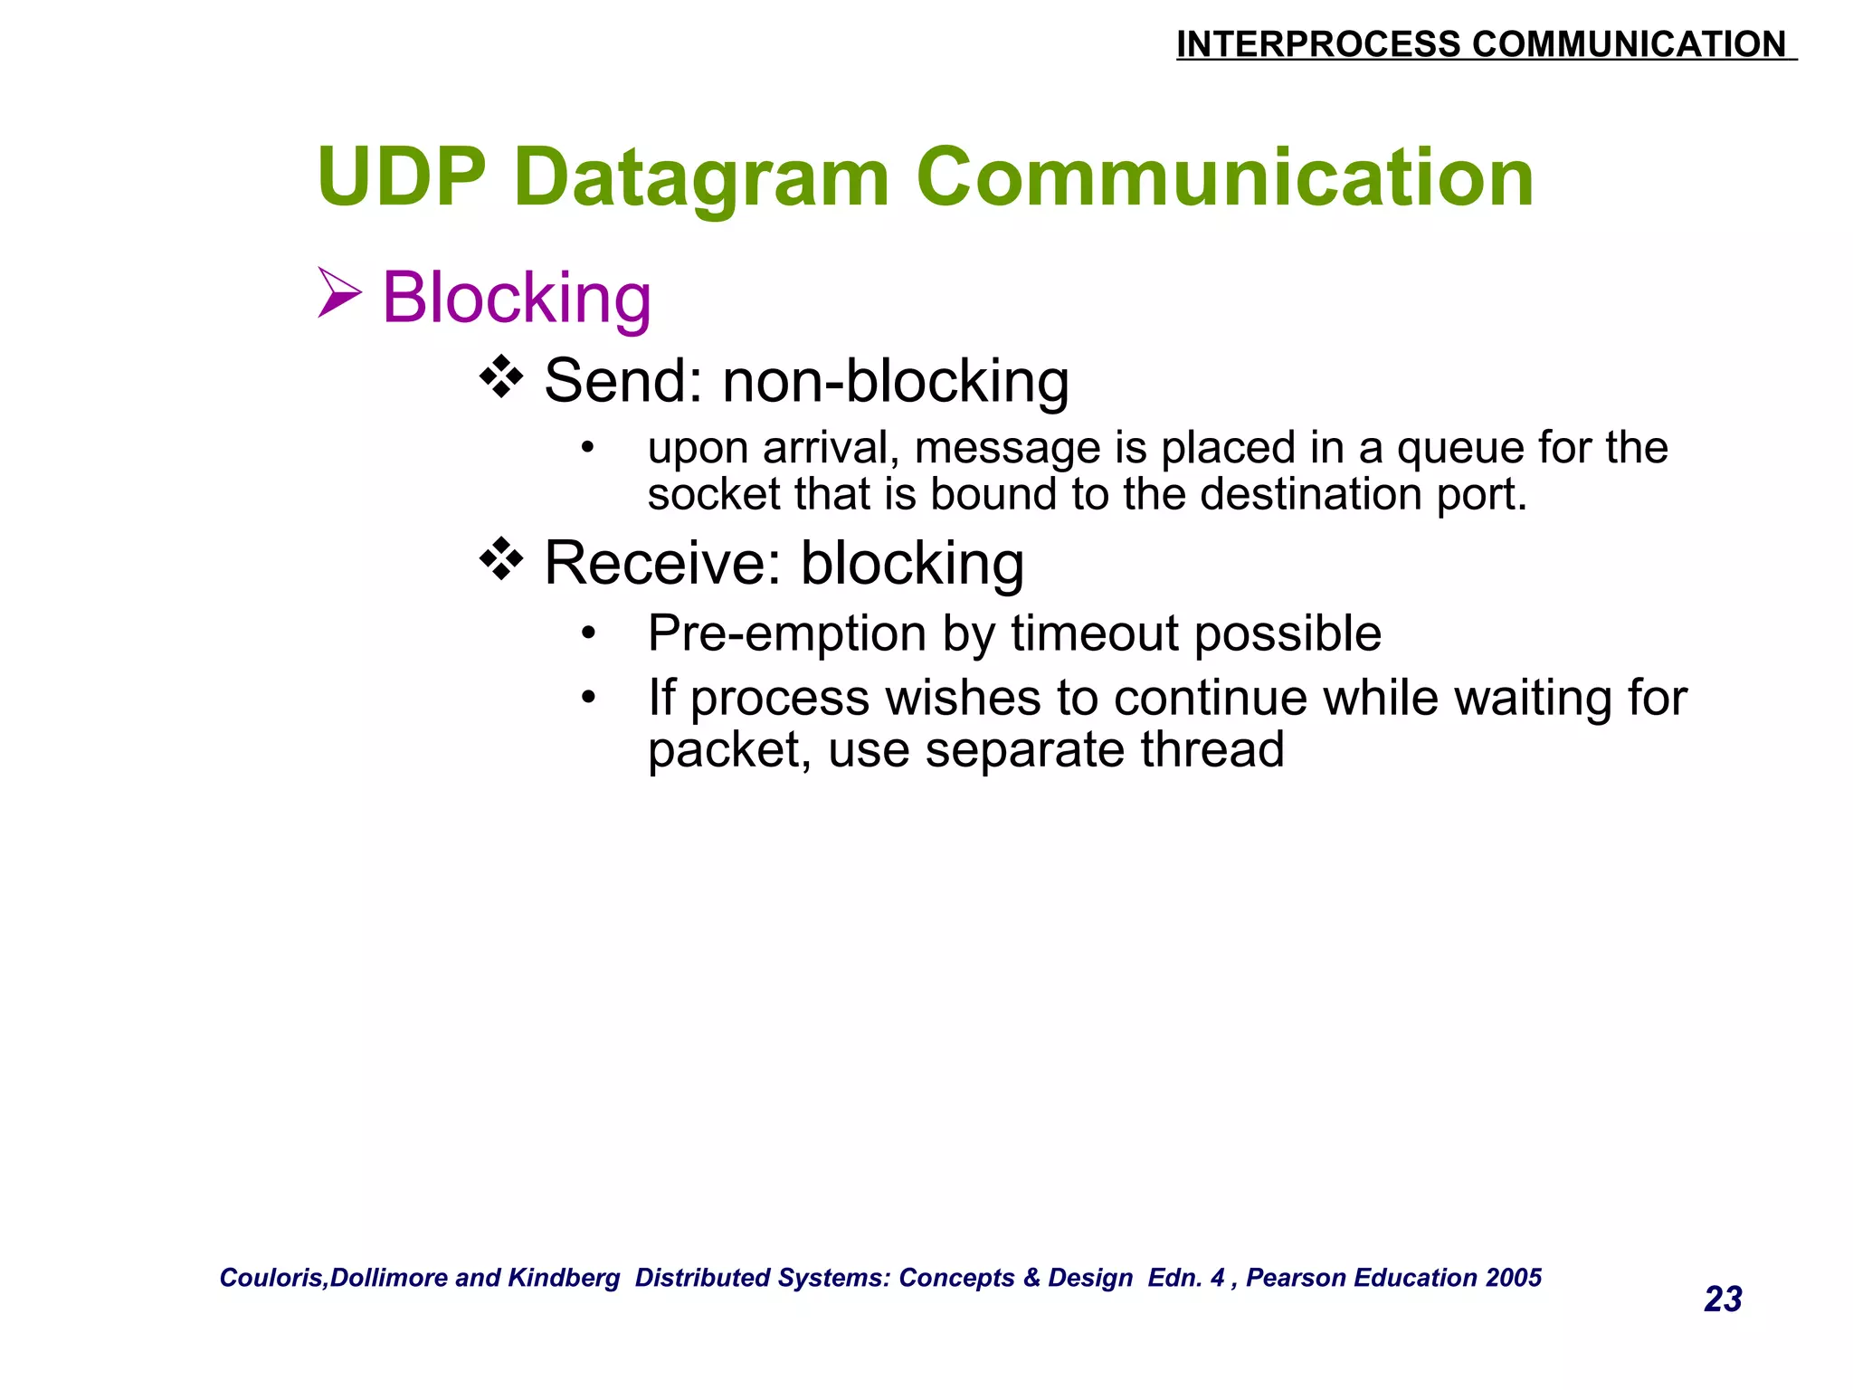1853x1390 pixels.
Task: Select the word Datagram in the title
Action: tap(701, 179)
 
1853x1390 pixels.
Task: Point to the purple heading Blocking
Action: tap(517, 298)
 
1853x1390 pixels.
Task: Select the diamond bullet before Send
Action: tap(501, 377)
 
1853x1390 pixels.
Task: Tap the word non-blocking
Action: tap(895, 381)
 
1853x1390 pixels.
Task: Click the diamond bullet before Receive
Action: tap(501, 560)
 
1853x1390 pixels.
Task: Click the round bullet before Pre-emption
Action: tap(589, 633)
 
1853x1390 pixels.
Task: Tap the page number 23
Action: tap(1722, 1300)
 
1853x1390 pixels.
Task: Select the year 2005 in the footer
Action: tap(1514, 1278)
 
